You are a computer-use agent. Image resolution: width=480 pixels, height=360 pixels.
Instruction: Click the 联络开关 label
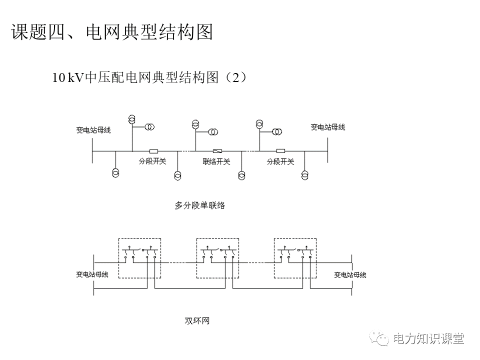coord(216,161)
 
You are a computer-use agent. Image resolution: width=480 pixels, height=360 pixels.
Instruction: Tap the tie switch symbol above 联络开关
coord(218,151)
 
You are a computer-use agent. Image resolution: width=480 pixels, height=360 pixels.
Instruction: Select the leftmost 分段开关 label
coord(152,161)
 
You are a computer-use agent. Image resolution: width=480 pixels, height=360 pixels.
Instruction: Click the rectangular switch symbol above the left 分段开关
coord(154,151)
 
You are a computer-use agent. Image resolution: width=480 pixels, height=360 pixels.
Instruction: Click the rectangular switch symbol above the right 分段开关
coord(280,151)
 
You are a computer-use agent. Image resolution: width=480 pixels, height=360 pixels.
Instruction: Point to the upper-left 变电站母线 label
coord(93,130)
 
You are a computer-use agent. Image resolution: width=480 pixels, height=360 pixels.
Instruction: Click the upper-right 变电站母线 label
coord(328,127)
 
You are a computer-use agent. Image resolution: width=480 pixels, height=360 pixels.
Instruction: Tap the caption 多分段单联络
coord(199,205)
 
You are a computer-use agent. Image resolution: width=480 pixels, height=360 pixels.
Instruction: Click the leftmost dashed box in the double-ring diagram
coord(140,258)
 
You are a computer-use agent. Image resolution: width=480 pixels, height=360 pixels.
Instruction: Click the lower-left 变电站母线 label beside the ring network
coord(92,274)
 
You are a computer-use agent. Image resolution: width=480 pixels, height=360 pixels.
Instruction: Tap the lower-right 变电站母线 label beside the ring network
coord(350,274)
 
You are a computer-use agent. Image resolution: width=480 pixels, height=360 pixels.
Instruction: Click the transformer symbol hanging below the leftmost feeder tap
coord(115,172)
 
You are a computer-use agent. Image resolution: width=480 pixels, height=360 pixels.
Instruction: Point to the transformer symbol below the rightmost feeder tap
coord(305,174)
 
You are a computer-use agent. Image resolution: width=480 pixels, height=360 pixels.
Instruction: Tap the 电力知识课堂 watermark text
coord(429,338)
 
